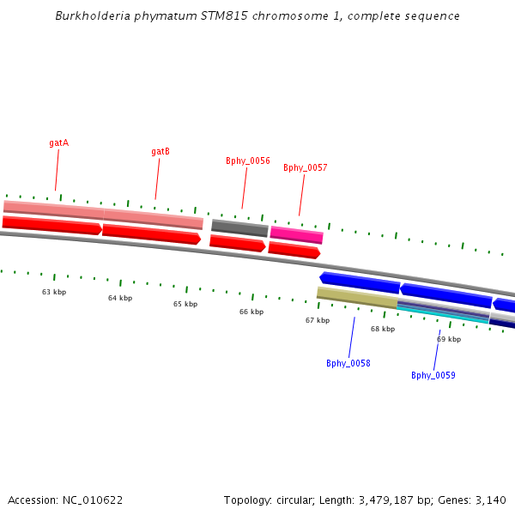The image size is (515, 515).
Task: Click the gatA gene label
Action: tap(58, 142)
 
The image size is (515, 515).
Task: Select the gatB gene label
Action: tap(161, 151)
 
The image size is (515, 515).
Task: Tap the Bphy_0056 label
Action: tap(248, 161)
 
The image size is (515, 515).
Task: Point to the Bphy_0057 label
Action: tap(306, 167)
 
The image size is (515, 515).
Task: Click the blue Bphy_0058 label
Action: tap(348, 363)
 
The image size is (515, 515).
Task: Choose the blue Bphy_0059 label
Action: tap(433, 375)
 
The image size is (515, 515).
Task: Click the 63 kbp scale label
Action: tap(54, 292)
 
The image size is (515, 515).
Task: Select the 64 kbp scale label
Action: tap(120, 298)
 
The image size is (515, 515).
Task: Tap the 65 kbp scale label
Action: tap(185, 304)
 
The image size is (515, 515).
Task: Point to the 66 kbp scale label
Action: tap(251, 312)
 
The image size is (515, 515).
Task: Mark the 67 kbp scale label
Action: tap(318, 320)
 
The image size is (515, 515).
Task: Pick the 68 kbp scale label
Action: tap(383, 329)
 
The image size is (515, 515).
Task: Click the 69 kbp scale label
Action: tap(449, 339)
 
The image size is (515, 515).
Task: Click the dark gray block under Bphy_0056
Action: tap(240, 227)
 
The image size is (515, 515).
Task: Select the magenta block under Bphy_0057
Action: tap(297, 233)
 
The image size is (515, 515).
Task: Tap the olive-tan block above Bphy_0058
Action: tap(357, 297)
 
